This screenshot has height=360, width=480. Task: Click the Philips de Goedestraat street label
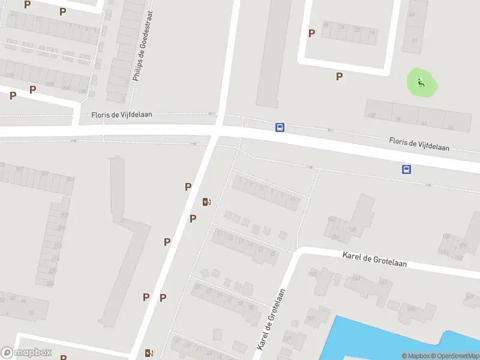[143, 46]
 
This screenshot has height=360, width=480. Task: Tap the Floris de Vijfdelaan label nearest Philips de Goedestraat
[122, 114]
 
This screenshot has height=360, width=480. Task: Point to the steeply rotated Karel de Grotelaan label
[271, 319]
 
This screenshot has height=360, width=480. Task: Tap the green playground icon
[422, 83]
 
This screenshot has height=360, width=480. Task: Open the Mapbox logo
[26, 353]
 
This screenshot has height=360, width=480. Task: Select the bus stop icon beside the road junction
[280, 127]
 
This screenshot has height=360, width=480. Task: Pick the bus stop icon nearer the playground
[406, 169]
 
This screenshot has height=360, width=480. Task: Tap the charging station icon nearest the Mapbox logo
[149, 353]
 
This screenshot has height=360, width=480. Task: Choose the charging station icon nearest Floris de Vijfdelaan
[206, 202]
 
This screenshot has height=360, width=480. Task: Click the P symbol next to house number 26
[311, 34]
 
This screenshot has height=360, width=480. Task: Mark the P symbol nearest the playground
[340, 76]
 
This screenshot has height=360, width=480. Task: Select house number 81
[414, 41]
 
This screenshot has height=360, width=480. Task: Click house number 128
[353, 229]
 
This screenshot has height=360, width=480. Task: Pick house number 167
[310, 317]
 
